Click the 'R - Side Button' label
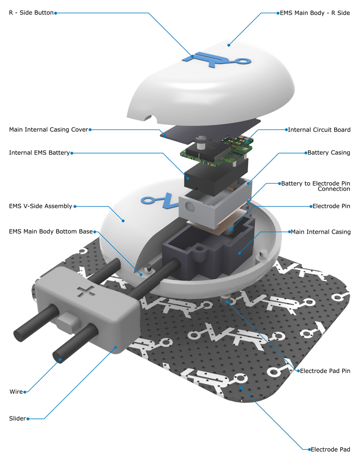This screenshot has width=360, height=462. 31,13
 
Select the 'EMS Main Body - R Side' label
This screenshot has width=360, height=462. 315,13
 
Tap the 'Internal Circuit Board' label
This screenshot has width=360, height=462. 320,130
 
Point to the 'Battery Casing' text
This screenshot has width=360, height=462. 329,153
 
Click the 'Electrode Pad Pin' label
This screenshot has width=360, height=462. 325,371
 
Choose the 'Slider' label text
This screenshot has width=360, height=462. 17,418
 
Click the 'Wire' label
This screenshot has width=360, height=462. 16,392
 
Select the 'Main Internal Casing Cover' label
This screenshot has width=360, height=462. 48,130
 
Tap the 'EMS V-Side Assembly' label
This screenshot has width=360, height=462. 40,206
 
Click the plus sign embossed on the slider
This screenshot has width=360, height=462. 86,291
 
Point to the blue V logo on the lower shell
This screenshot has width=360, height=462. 161,200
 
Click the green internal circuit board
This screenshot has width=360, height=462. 217,152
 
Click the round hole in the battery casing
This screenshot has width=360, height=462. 190,207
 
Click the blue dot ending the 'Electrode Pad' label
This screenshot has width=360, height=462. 309,450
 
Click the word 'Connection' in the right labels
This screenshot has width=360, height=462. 334,189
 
